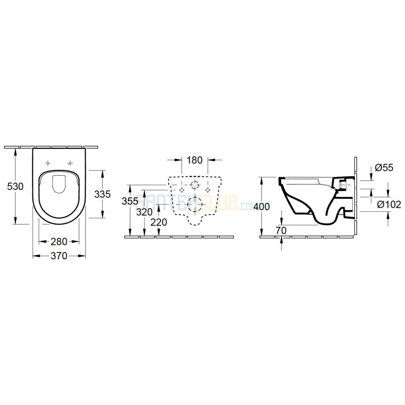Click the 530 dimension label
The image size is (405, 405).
pyautogui.click(x=15, y=186)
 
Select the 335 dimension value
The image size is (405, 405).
pyautogui.click(x=102, y=194)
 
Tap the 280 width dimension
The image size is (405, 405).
pyautogui.click(x=59, y=242)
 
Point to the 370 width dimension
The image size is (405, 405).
pyautogui.click(x=59, y=256)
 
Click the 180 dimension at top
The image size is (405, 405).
pyautogui.click(x=194, y=160)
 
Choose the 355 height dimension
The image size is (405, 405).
pyautogui.click(x=130, y=201)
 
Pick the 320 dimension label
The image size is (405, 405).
pyautogui.click(x=145, y=212)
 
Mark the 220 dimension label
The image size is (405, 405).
pyautogui.click(x=159, y=222)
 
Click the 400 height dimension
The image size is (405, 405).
pyautogui.click(x=262, y=207)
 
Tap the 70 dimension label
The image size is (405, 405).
pyautogui.click(x=281, y=230)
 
